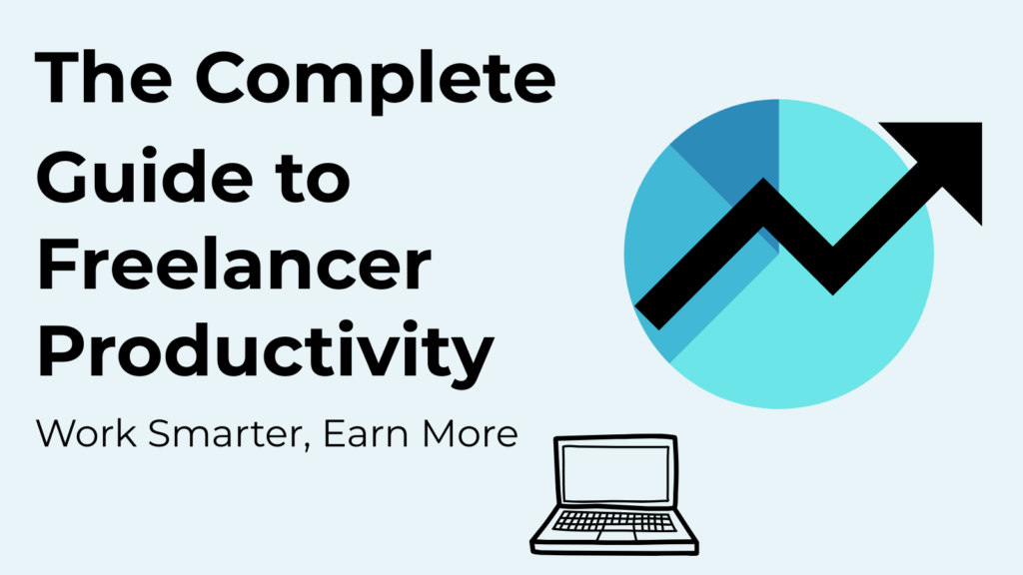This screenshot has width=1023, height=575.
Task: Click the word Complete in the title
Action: coord(376,80)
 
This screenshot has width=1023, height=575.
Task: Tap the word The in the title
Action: coord(104,77)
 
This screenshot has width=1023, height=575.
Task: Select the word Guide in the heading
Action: coord(144,174)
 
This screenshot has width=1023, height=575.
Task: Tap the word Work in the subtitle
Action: coord(86,433)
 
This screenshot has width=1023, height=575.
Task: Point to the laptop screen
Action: coord(615,473)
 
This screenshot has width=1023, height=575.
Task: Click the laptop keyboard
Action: coord(615,521)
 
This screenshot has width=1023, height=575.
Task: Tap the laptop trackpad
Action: coord(616,536)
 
